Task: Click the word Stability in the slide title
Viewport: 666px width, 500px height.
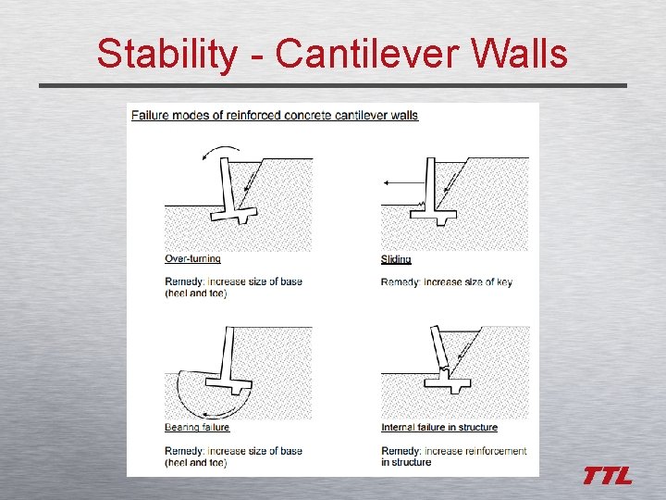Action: click(166, 54)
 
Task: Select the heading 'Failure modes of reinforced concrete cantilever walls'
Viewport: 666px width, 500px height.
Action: click(275, 116)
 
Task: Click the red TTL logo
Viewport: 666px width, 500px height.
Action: click(607, 476)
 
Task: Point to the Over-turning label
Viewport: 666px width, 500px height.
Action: click(192, 259)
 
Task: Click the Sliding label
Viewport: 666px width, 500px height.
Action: click(396, 259)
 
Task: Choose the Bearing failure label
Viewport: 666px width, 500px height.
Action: click(197, 428)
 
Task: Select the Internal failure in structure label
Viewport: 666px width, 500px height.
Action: click(439, 428)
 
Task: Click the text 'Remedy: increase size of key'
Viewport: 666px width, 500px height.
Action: click(446, 282)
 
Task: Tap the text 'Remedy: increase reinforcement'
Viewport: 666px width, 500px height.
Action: click(453, 451)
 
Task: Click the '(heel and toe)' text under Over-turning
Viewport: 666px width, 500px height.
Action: click(196, 294)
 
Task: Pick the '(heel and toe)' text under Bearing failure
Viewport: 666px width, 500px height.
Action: click(196, 462)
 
